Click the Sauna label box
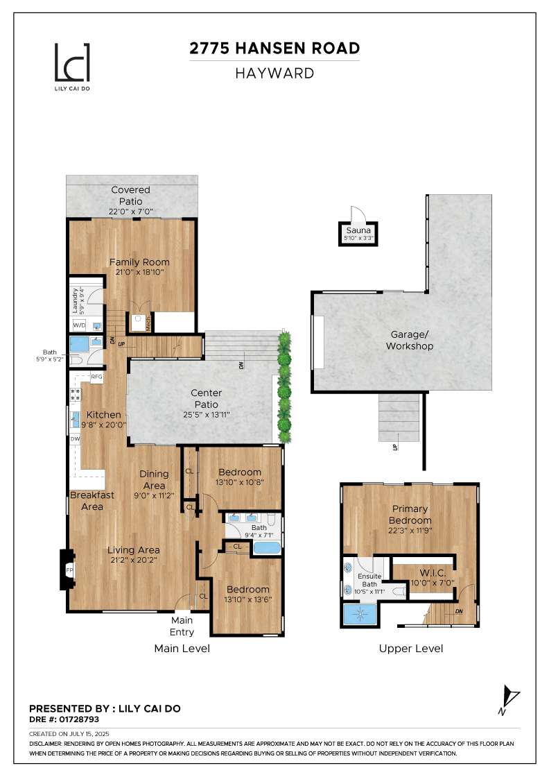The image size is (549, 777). (358, 232)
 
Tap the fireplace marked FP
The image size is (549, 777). (68, 570)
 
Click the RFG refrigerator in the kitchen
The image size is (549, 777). (96, 377)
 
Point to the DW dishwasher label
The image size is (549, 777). (73, 439)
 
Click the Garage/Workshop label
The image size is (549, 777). (409, 340)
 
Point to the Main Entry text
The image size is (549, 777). (182, 626)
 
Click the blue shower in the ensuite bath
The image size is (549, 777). (360, 614)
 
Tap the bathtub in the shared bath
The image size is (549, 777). (267, 548)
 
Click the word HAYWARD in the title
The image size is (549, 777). (274, 73)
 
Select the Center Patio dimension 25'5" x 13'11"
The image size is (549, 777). (206, 414)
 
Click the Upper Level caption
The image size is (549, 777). (411, 649)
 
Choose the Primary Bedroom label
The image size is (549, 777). (410, 515)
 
